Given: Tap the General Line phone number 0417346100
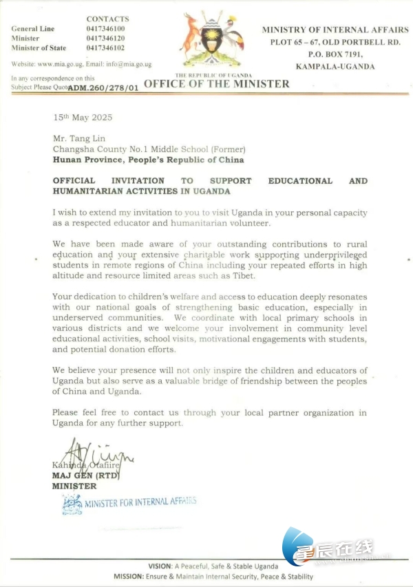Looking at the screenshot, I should point(106,29).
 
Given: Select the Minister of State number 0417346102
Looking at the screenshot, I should point(106,47).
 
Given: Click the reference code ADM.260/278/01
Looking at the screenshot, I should point(103,87).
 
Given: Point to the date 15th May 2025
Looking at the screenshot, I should point(83,117).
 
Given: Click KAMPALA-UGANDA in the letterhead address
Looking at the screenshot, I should point(335,66).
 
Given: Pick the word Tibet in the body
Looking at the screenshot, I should point(244,275).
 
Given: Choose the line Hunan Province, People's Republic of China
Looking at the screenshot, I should point(147,159).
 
